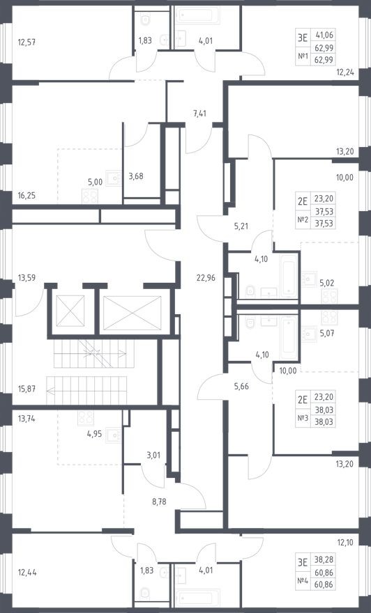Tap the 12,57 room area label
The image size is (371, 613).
pos(27,42)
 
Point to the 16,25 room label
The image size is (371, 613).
pos(27,196)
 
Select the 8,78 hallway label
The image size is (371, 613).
pos(151,499)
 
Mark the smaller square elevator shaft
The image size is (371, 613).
pos(70,309)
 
